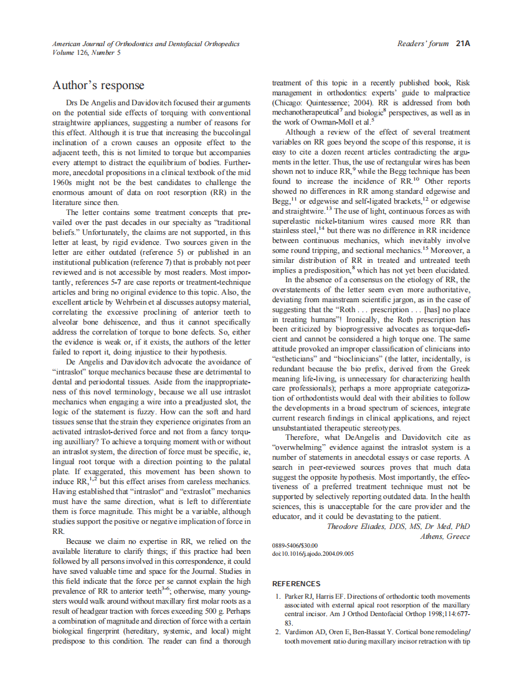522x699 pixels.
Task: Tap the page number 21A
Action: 462,44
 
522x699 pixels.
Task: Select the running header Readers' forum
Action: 422,44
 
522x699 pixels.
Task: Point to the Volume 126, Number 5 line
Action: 87,52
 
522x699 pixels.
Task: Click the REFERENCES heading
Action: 297,584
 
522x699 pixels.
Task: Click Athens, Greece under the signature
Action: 445,536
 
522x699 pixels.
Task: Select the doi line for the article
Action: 313,553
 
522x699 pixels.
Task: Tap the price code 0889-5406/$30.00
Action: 295,545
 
